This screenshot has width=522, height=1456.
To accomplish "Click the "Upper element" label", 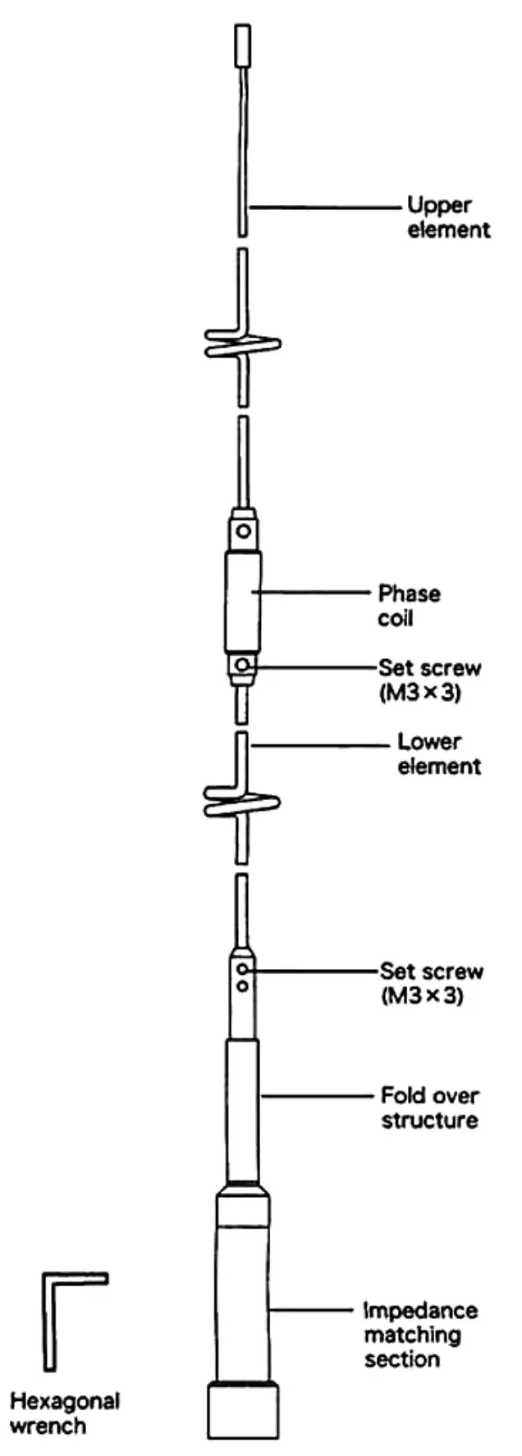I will pos(448,216).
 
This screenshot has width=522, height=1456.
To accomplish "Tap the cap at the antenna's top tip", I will pos(242,46).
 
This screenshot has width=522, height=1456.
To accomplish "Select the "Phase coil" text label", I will pos(408,605).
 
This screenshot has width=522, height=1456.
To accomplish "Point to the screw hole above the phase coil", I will pos(243,530).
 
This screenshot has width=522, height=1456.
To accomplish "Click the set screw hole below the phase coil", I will pos(240,665).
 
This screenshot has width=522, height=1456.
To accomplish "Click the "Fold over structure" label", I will pos(429,1108).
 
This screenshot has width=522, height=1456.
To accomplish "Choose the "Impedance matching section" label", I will pos(419,1335).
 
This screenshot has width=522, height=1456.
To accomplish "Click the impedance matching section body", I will pos(242,1304).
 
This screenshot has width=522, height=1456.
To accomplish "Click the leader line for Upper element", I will pos(328,207).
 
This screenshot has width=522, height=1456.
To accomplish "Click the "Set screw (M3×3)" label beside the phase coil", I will pos(429,679).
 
